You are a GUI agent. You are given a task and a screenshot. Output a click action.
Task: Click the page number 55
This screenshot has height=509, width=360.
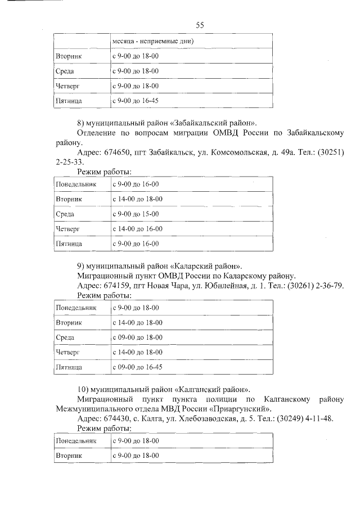coord(199,24)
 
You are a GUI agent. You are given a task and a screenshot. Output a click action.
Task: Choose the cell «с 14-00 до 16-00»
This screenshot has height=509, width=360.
coord(138,229)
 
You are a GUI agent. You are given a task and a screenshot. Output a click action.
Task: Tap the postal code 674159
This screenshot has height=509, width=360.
coord(116,285)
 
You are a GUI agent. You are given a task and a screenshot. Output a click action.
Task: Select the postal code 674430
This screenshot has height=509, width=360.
coord(116,419)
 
